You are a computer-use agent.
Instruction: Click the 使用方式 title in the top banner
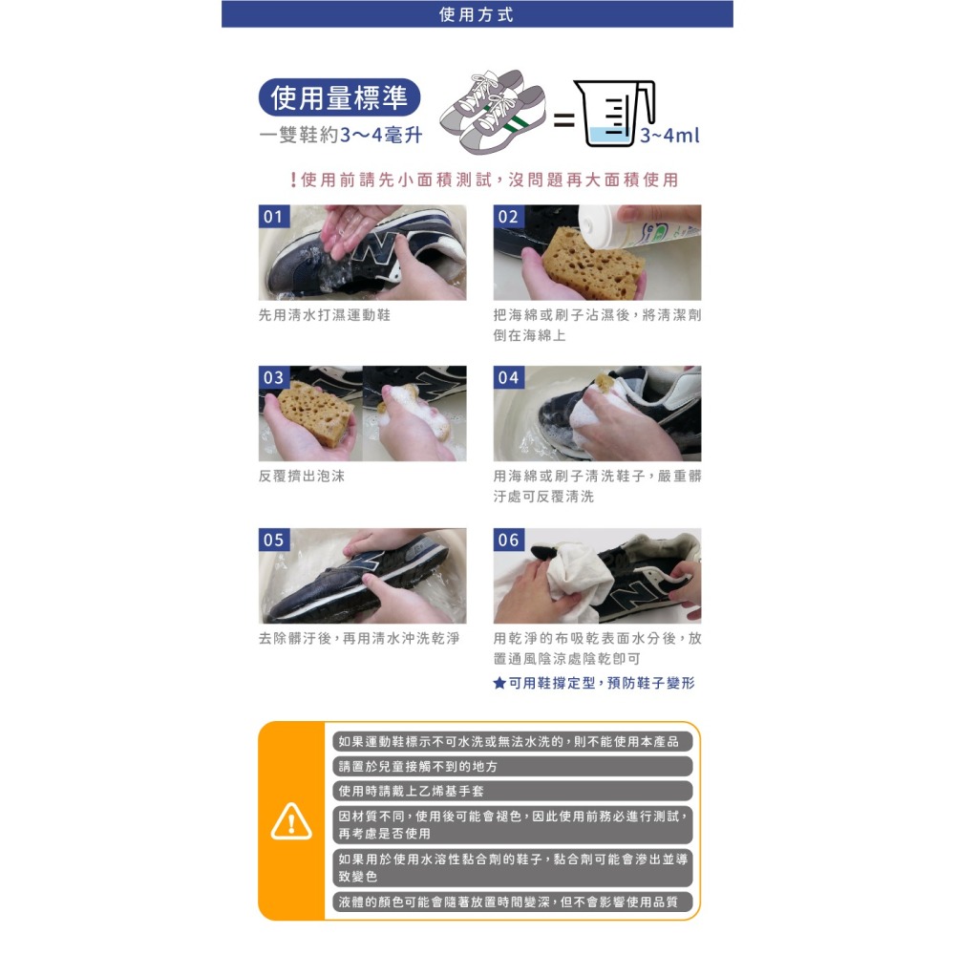click(477, 14)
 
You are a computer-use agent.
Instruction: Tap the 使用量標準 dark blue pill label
click(339, 97)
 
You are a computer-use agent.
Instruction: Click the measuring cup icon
click(614, 114)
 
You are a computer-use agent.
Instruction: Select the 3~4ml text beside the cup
click(669, 136)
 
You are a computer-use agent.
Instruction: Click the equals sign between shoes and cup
click(563, 119)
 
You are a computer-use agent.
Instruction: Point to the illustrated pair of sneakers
click(494, 112)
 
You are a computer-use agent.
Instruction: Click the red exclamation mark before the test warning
click(293, 180)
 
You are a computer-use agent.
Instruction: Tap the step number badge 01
click(273, 217)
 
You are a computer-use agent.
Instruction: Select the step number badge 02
click(508, 217)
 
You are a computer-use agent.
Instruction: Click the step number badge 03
click(273, 377)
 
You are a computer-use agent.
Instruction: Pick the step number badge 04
click(508, 377)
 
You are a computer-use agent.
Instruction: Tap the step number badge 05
click(273, 540)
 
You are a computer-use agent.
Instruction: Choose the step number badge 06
click(508, 540)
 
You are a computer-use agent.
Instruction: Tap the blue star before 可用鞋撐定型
click(499, 684)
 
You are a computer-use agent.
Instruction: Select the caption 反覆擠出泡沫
click(302, 477)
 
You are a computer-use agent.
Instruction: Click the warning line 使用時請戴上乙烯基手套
click(411, 791)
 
